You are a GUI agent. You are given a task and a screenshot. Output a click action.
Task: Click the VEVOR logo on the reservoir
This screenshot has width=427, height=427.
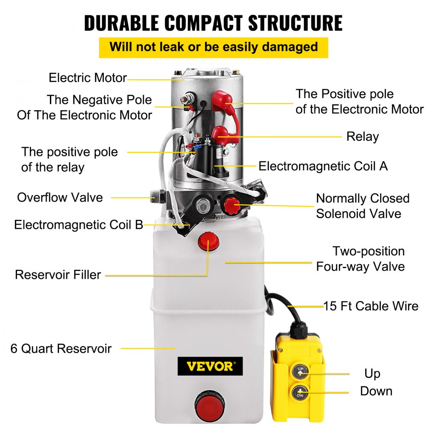[x=210, y=366]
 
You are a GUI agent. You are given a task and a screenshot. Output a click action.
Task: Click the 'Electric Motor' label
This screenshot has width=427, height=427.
[x=87, y=78]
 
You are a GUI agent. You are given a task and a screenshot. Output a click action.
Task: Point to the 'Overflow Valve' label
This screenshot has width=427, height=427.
[x=60, y=198]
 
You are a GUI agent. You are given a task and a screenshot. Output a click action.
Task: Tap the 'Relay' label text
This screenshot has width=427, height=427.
[x=362, y=137]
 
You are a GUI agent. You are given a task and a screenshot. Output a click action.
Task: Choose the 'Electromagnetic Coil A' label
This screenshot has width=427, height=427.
[x=323, y=166]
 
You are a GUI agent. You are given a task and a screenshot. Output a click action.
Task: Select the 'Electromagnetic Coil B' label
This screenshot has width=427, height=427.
[x=79, y=225]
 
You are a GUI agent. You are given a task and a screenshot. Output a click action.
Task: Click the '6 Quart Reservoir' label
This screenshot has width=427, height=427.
[x=61, y=348]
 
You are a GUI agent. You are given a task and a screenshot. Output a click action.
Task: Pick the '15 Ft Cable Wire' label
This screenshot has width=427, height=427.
[x=371, y=306]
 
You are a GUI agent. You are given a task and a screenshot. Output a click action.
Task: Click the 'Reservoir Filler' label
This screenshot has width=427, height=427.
[x=58, y=275]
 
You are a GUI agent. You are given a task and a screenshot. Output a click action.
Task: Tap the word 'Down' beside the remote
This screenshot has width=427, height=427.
[x=376, y=391]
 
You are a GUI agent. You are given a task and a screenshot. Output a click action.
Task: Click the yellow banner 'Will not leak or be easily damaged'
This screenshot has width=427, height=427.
[x=213, y=47]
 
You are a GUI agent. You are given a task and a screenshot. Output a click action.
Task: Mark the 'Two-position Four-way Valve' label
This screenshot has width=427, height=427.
[x=360, y=259]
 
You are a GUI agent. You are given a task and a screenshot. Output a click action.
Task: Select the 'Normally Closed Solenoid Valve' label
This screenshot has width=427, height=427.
[x=362, y=206]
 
